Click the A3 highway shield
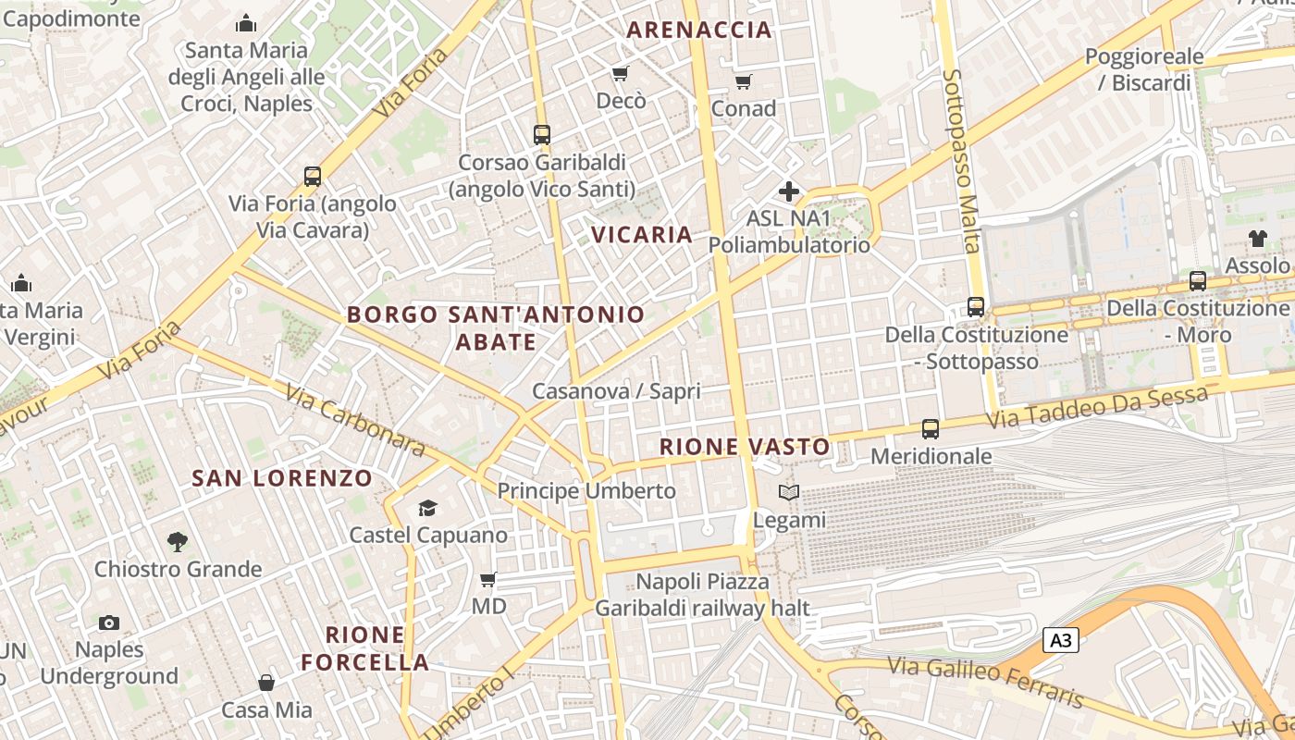[1061, 640]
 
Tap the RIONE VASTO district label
[745, 447]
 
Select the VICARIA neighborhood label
[642, 234]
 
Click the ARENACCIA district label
[699, 30]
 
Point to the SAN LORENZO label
[281, 478]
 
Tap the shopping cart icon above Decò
[621, 73]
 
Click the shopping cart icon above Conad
[744, 81]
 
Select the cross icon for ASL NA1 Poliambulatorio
[789, 191]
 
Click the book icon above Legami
[789, 492]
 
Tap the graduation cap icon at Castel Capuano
[427, 508]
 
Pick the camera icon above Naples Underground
[109, 623]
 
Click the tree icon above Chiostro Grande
[178, 541]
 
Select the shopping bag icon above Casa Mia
[266, 683]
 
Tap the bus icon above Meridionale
[931, 428]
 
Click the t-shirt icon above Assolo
[1257, 238]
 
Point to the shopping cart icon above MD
[488, 579]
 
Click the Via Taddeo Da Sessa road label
[1098, 407]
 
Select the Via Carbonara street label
[355, 421]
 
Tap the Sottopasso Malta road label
[961, 161]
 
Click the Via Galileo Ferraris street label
[984, 680]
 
